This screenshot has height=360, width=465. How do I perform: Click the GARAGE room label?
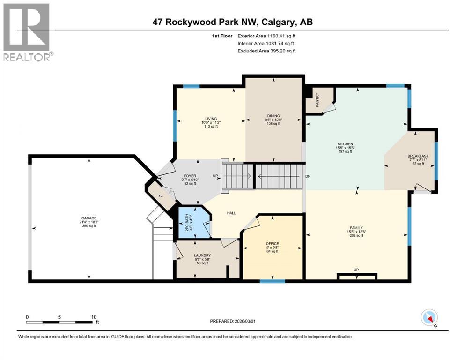click(x=89, y=218)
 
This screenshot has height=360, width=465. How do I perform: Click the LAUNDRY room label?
click(x=202, y=255)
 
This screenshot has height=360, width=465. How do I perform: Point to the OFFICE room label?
click(x=273, y=244)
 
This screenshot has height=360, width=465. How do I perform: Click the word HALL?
click(x=231, y=213)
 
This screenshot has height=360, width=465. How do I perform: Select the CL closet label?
click(x=161, y=196)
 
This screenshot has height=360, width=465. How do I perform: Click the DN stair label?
click(x=308, y=176)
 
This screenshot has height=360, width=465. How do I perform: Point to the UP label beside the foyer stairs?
click(x=215, y=176)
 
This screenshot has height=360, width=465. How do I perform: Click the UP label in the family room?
click(x=356, y=270)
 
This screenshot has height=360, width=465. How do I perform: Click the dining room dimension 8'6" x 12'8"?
click(x=273, y=120)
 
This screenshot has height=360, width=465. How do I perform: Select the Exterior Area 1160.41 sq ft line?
click(x=266, y=35)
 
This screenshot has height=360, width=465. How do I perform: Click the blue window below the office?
click(x=273, y=281)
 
